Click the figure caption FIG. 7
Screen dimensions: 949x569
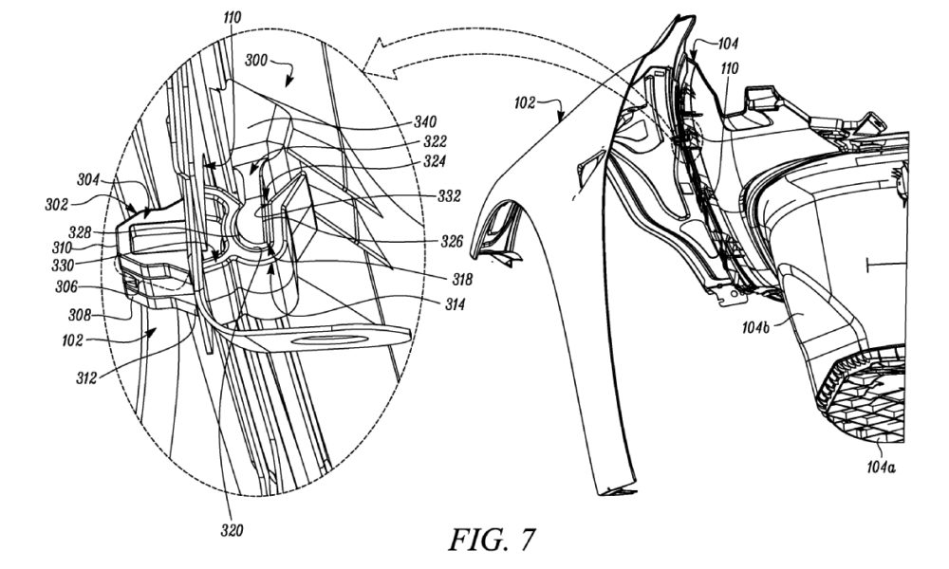492,540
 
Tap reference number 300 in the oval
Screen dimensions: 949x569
256,60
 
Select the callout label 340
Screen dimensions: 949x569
425,122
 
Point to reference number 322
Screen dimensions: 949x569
435,141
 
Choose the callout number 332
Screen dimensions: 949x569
449,196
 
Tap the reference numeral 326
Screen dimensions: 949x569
452,242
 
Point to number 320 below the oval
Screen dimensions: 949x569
232,530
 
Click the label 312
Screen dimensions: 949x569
86,378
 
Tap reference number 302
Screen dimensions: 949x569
56,205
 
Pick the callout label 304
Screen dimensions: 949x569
88,179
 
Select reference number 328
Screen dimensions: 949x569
80,232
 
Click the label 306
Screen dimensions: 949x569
66,286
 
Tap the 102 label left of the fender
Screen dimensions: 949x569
525,102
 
